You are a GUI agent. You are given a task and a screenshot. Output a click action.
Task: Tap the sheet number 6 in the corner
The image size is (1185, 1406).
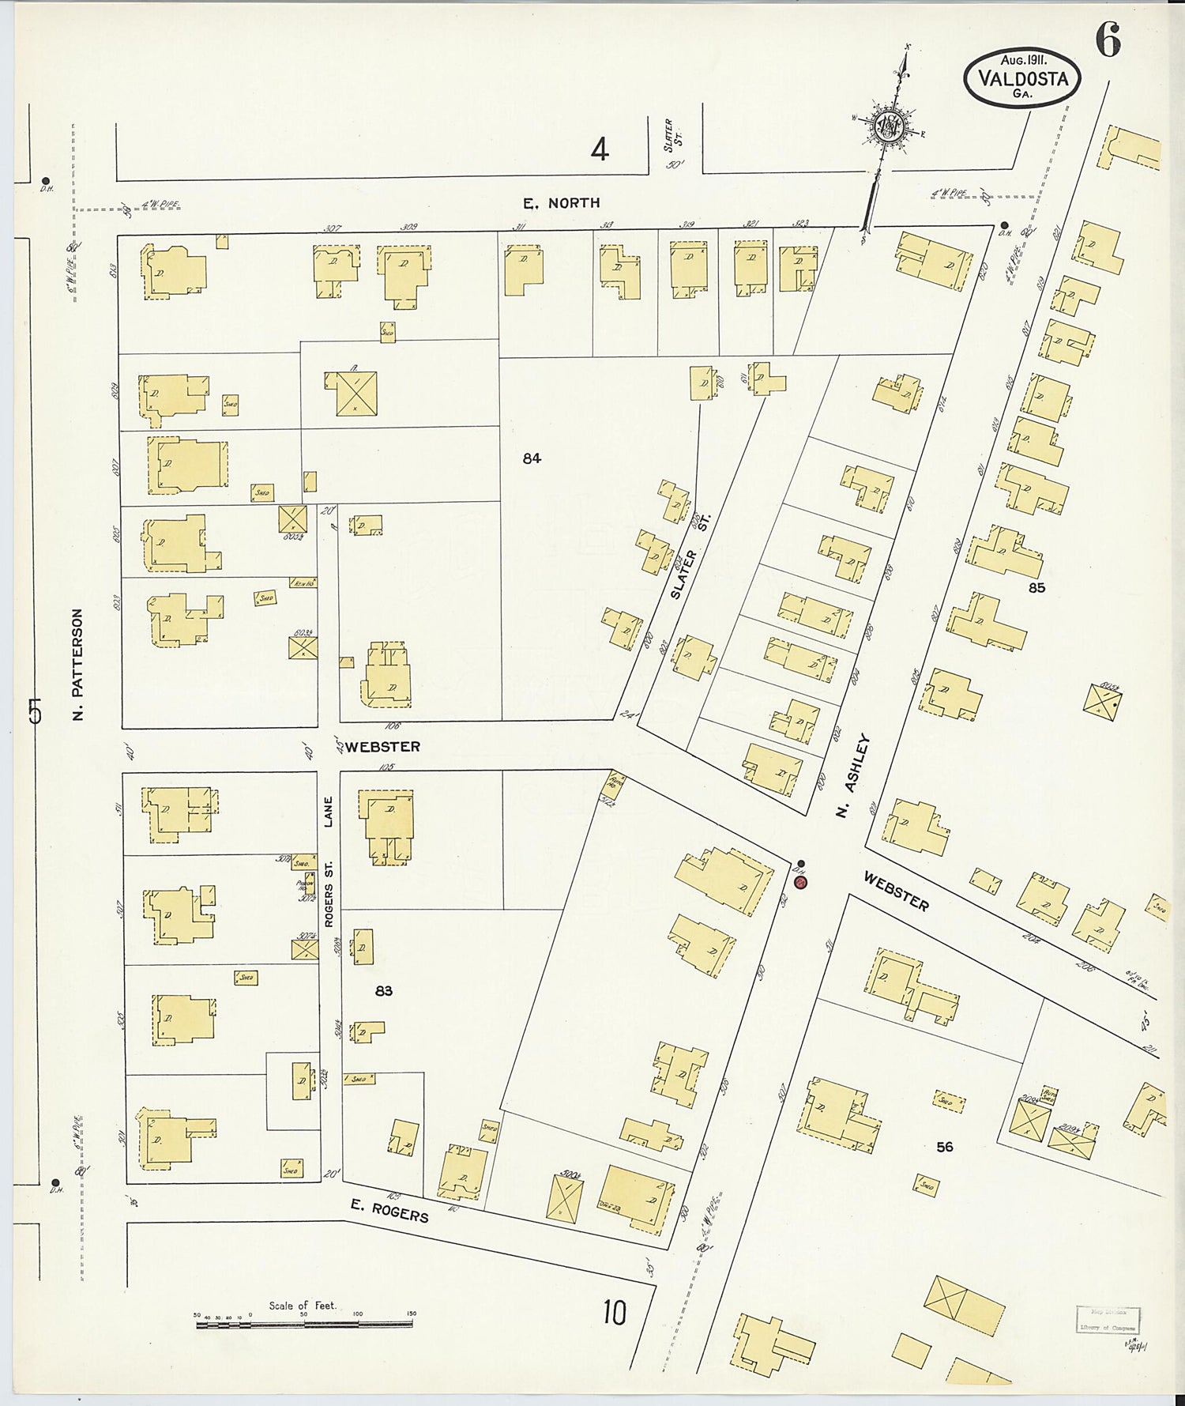1108,40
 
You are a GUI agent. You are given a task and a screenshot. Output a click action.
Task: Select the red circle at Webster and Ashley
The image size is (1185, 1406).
801,881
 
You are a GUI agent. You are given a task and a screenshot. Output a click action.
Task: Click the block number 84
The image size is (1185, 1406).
532,458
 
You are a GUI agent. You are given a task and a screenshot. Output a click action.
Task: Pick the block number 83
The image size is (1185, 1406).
384,990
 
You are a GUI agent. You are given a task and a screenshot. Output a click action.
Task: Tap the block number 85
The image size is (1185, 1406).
1036,588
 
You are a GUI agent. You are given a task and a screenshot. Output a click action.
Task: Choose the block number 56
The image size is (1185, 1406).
945,1146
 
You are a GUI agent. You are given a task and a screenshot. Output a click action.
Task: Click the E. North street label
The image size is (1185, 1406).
562,203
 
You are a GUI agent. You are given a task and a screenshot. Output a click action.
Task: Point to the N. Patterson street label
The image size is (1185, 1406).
77,664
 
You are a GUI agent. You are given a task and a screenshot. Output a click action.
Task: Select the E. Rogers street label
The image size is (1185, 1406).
390,1210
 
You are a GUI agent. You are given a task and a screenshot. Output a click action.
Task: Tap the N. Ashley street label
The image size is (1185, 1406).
855,775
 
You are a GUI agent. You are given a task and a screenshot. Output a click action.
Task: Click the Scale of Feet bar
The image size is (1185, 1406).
304,1324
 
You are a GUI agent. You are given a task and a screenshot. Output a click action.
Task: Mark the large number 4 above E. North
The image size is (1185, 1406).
600,149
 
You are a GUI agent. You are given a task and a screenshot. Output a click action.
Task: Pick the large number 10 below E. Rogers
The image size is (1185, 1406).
614,1313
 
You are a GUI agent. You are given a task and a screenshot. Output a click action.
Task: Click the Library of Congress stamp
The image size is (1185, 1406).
1107,1320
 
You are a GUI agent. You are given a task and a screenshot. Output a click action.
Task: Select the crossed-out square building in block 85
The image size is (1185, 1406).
1102,700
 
